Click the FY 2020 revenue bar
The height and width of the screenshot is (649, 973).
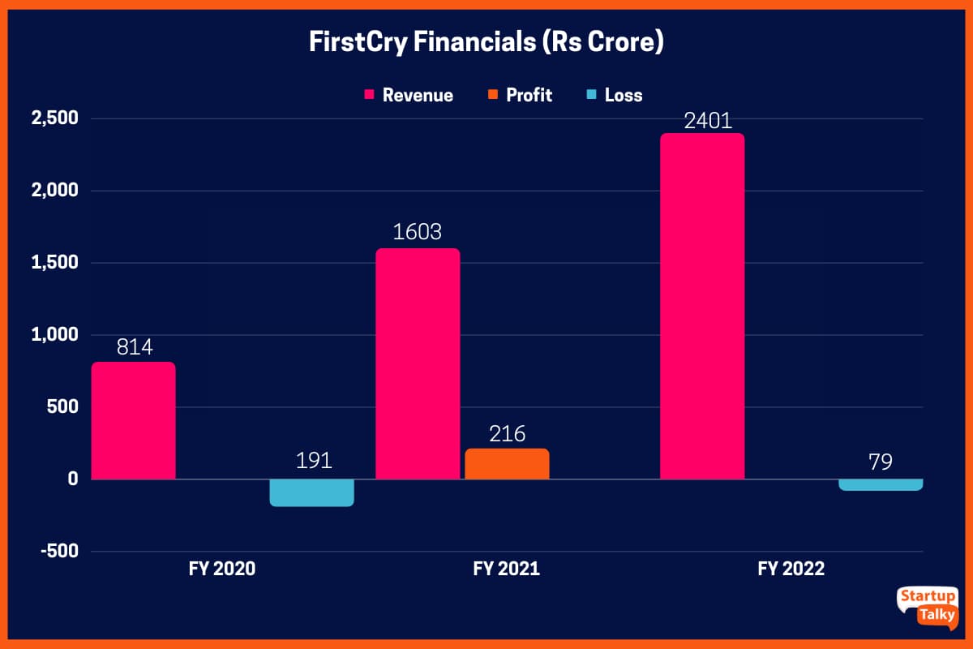click(x=133, y=420)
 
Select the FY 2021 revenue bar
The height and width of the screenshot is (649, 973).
click(x=418, y=363)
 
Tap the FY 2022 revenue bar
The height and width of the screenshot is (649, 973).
click(x=702, y=306)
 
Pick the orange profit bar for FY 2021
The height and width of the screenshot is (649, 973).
click(x=507, y=464)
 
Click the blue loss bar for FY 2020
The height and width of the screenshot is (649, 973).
click(x=311, y=492)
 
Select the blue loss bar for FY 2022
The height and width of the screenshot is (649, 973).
click(x=881, y=484)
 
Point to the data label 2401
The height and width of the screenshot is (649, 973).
click(x=702, y=121)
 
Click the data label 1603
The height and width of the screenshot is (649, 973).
click(x=418, y=233)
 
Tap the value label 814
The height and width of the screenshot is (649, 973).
click(x=133, y=347)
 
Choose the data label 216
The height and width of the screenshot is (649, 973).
click(x=507, y=433)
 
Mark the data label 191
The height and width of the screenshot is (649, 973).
click(x=313, y=461)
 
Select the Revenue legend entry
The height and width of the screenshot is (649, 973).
click(x=409, y=95)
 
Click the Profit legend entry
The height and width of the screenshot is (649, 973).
click(x=521, y=95)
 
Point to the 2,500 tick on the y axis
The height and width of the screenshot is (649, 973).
click(x=54, y=119)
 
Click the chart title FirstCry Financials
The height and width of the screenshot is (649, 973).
click(x=486, y=42)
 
